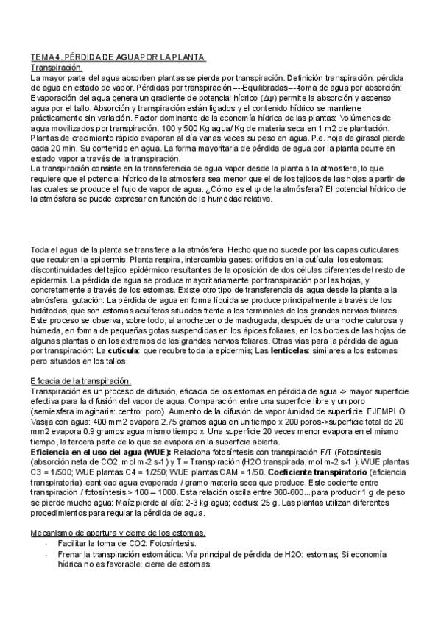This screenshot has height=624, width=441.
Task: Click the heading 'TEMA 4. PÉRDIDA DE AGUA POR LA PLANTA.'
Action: coord(119,57)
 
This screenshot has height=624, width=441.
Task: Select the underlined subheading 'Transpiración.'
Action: coord(56,67)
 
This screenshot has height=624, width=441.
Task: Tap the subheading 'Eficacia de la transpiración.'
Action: coord(81,381)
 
